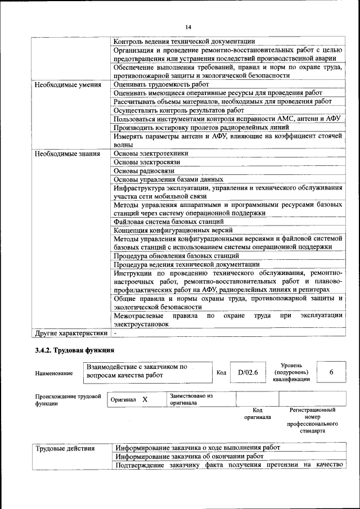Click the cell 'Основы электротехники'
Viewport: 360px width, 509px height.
click(151, 153)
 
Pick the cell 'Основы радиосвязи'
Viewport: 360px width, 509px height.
click(144, 170)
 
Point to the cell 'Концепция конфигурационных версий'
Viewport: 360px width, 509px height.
click(173, 230)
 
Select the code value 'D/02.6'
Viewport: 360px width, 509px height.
click(248, 372)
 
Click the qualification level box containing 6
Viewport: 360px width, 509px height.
click(331, 372)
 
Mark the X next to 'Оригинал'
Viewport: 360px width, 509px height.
click(145, 399)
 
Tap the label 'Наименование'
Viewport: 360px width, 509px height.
click(53, 372)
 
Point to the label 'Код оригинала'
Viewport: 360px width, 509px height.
click(257, 413)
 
